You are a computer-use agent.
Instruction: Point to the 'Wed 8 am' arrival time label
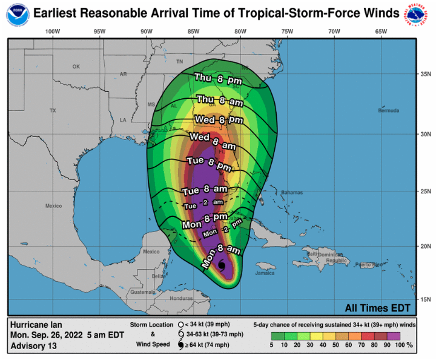click(212, 141)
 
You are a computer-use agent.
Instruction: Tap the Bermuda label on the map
click(389, 111)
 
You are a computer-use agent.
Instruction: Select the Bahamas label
click(292, 193)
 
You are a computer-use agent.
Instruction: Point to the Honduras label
click(181, 299)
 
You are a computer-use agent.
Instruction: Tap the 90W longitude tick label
click(146, 31)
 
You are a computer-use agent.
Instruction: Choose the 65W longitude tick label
click(380, 31)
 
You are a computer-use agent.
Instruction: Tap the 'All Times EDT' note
click(378, 307)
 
